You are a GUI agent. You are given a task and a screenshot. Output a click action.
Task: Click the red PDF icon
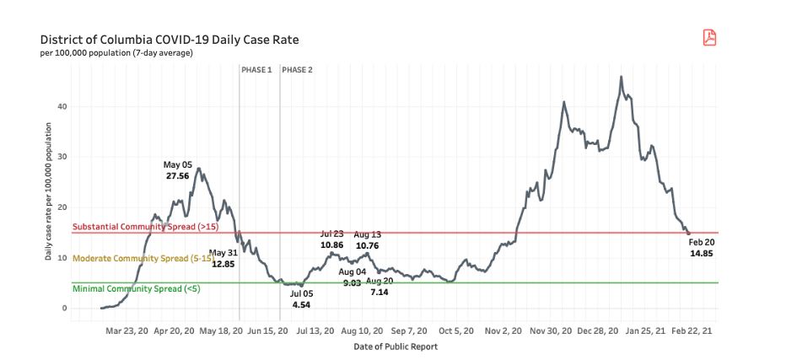[709, 37]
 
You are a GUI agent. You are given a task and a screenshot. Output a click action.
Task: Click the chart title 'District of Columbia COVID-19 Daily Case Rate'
[169, 40]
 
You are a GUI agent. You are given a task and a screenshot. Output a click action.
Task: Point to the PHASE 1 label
[256, 70]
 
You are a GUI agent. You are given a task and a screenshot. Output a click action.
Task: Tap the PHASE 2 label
[297, 70]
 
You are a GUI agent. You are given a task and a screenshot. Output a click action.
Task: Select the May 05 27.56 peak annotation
[178, 169]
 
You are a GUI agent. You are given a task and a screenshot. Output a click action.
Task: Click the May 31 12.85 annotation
[223, 258]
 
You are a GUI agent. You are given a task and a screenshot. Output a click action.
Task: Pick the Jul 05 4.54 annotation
[301, 298]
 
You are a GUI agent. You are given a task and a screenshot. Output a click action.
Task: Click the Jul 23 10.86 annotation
[331, 239]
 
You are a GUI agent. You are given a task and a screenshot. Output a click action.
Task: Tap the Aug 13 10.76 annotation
[367, 239]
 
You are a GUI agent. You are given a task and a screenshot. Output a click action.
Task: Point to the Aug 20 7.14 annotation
[380, 285]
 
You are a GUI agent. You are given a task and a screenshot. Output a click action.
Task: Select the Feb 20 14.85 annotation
[702, 247]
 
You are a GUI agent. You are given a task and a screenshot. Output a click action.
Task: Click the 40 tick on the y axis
[62, 106]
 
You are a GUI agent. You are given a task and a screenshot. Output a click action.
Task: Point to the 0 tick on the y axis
[64, 308]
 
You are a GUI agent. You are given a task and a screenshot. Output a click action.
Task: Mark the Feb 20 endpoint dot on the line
[688, 233]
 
